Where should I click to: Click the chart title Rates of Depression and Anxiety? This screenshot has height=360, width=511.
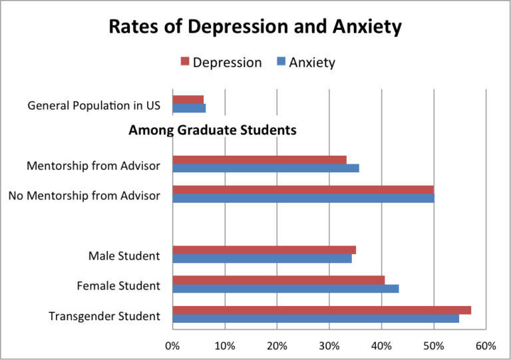pyautogui.click(x=255, y=27)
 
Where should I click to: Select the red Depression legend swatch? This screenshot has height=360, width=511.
pyautogui.click(x=185, y=63)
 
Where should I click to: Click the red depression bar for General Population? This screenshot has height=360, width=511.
pyautogui.click(x=188, y=100)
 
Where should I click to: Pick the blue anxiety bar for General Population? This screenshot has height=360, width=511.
pyautogui.click(x=189, y=108)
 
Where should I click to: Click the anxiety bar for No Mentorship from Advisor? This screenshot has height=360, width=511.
pyautogui.click(x=303, y=198)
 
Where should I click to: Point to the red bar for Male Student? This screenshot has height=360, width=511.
pyautogui.click(x=263, y=250)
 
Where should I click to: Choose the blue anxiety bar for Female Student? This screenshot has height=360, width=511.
pyautogui.click(x=285, y=288)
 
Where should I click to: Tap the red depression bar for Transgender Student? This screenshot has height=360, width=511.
pyautogui.click(x=321, y=310)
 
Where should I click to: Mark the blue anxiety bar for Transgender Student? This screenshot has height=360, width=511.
pyautogui.click(x=315, y=319)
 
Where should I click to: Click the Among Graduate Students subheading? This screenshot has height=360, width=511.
pyautogui.click(x=212, y=130)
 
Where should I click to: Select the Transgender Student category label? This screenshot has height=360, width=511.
pyautogui.click(x=104, y=315)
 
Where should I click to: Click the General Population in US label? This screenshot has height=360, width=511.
pyautogui.click(x=94, y=106)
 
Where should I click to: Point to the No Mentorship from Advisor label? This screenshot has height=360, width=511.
pyautogui.click(x=85, y=196)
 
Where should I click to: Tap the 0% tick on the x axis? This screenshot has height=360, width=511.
pyautogui.click(x=172, y=345)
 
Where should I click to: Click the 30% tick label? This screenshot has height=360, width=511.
pyautogui.click(x=329, y=345)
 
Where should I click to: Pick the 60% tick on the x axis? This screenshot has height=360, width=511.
pyautogui.click(x=486, y=345)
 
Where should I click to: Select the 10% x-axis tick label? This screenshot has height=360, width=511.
pyautogui.click(x=224, y=345)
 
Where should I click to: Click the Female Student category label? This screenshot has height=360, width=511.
pyautogui.click(x=118, y=286)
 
